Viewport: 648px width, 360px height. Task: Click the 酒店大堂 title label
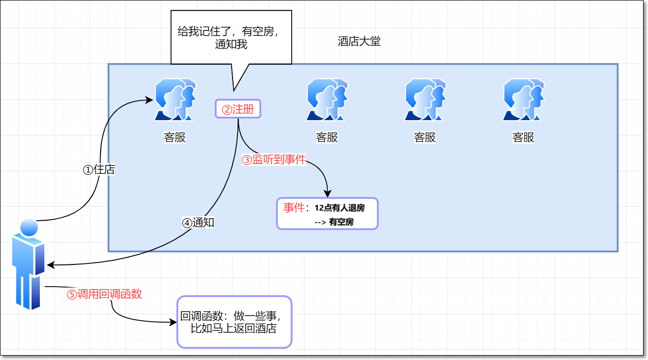point(359,41)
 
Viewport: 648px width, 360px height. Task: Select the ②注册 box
point(238,109)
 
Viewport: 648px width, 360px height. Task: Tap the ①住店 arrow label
point(99,169)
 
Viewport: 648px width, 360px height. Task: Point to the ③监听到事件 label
point(273,160)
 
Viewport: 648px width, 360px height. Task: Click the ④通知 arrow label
point(198,223)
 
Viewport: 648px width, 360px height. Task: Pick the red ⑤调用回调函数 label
point(104,294)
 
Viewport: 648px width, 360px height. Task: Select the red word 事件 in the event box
point(294,207)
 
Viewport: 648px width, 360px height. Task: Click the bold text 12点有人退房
point(340,208)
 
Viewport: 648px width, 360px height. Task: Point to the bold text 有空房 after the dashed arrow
point(341,222)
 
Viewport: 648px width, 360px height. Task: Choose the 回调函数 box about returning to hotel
point(235,322)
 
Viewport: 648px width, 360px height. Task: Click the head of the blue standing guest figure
point(29,227)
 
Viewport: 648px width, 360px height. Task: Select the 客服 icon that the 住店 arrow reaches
point(175,100)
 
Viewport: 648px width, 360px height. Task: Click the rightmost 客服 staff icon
point(523,100)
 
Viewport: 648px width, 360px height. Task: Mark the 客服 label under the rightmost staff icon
point(523,137)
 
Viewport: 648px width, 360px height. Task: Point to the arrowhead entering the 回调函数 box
point(173,323)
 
